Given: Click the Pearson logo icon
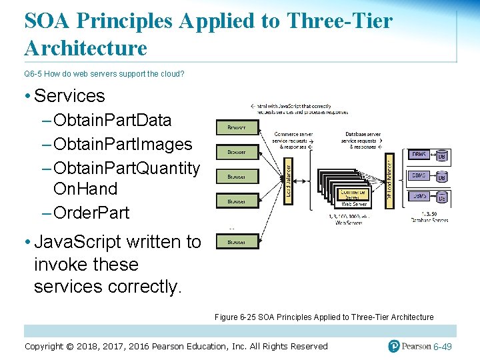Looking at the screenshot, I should point(395,346).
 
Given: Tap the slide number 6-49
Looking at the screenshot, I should point(443,347).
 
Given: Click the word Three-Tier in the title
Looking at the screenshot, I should point(339,21).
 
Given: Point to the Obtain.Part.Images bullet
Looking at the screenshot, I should point(123,144).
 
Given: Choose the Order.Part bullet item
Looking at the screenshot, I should point(91,213).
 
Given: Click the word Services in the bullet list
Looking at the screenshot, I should point(69,96).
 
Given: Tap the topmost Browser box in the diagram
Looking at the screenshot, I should point(236,127).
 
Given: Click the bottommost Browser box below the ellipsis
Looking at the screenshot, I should point(236,243).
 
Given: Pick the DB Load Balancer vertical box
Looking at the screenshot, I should point(390,181).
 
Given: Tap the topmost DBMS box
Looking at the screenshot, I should point(420,155).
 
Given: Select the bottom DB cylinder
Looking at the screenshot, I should point(441,197).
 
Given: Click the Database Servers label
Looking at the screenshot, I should point(429,220).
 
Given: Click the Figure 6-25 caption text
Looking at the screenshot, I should point(324,317).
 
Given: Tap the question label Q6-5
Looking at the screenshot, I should point(33,74).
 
